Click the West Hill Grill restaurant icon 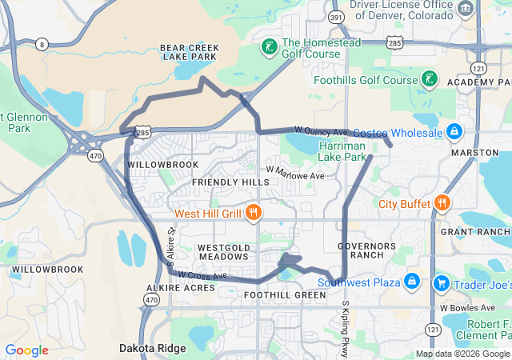coord(254,212)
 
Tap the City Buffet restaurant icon coord(441,202)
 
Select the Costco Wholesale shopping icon coord(454,131)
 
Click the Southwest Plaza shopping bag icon coord(411,282)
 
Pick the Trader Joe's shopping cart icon coord(440,283)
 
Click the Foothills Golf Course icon coord(430,79)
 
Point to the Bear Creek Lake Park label coord(189,53)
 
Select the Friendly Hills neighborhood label coord(230,182)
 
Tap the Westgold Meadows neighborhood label coord(223,252)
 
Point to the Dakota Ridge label coord(153,348)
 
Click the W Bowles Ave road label coord(466,307)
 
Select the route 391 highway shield coord(336,16)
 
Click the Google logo coord(26,350)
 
